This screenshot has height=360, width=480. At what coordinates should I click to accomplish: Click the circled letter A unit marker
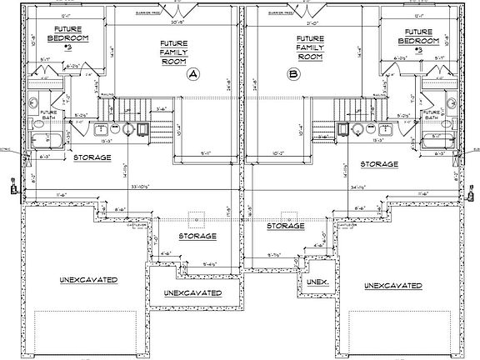coord(193,74)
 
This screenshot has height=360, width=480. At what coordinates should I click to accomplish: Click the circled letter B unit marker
coord(293,74)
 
